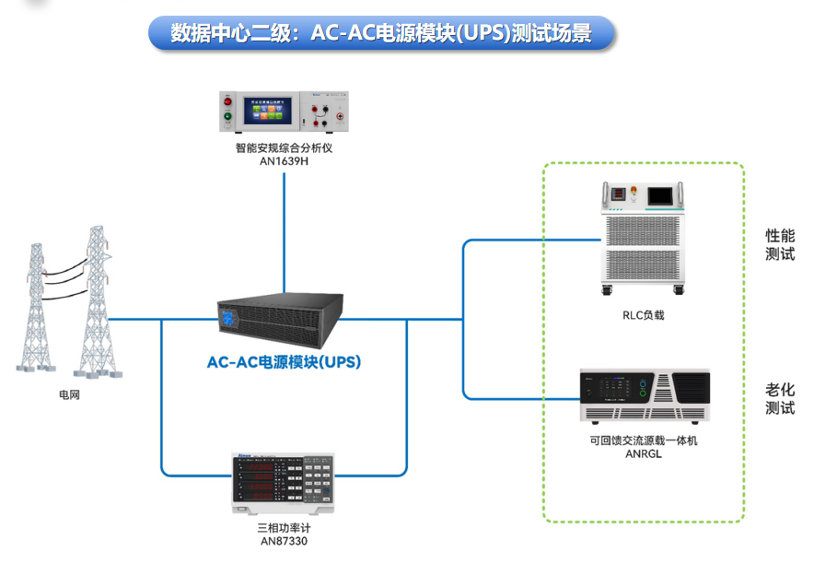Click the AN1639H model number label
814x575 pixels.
283,160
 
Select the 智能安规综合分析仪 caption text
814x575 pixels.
283,147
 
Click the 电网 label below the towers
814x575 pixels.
69,396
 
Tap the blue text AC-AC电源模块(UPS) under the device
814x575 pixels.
284,362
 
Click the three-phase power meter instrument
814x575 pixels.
285,484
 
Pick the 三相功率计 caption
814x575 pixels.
284,529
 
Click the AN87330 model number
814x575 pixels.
284,542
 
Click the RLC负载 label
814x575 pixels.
643,315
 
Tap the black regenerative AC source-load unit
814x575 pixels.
645,398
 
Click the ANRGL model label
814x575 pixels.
644,454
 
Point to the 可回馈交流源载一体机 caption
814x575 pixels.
644,440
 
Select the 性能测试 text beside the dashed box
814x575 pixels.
780,245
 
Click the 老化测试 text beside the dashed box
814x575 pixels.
780,398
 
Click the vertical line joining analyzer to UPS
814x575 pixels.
284,230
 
